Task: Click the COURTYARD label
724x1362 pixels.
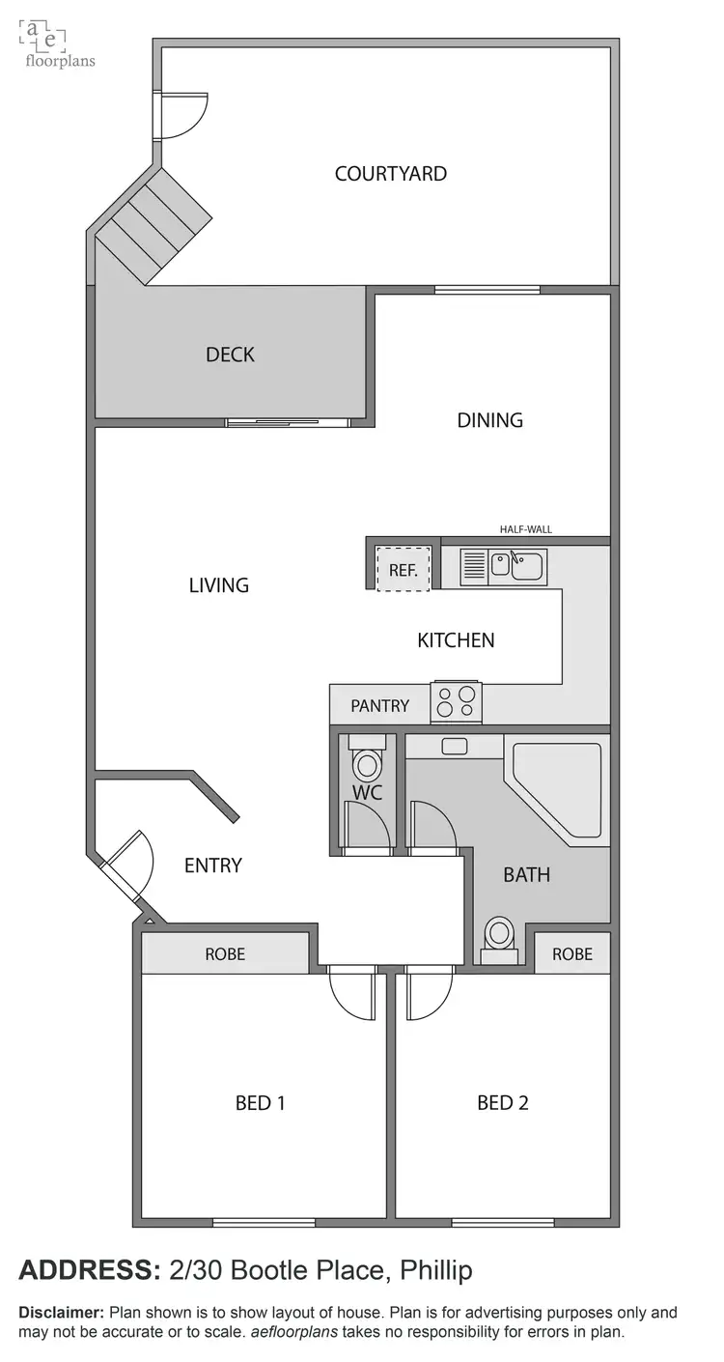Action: coord(390,174)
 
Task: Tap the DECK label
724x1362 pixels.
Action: coord(230,355)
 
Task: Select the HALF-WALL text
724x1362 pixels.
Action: coord(525,529)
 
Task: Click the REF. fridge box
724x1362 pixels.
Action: coord(403,569)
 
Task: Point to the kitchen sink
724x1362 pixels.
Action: coord(516,564)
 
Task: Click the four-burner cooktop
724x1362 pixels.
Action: coord(456,700)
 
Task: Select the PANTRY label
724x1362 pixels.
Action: coord(379,706)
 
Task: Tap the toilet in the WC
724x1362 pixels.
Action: coord(367,763)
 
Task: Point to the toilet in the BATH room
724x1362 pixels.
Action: coord(499,936)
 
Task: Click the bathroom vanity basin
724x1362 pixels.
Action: coord(454,747)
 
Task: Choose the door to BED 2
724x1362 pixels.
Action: coord(429,993)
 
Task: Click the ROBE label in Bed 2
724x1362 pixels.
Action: coord(571,954)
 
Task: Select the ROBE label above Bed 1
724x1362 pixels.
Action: coord(225,954)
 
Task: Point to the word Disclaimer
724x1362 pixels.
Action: coord(61,1313)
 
